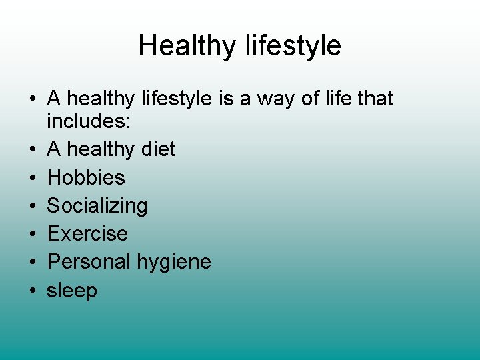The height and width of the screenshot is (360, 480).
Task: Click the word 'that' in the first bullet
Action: [x=375, y=99]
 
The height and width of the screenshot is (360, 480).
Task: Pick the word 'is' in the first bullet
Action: [x=224, y=99]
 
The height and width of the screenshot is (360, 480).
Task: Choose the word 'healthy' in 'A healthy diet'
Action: [x=101, y=149]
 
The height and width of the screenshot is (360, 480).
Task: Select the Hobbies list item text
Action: [x=86, y=177]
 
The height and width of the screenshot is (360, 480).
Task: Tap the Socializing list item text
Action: [x=97, y=206]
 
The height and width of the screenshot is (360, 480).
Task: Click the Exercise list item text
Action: [x=87, y=234]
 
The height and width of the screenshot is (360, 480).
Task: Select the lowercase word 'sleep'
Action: [x=72, y=291]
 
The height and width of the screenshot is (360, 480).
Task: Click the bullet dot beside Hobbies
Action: [x=32, y=178]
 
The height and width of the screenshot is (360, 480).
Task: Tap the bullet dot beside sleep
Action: [x=32, y=291]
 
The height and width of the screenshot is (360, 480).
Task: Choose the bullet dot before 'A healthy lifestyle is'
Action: [x=32, y=99]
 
